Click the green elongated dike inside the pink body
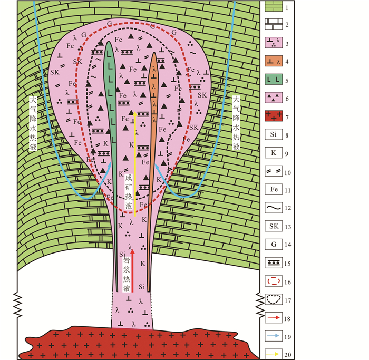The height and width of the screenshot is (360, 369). point(111,95)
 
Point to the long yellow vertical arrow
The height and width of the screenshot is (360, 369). point(135,163)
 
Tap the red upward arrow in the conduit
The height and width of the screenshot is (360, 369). point(132,269)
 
